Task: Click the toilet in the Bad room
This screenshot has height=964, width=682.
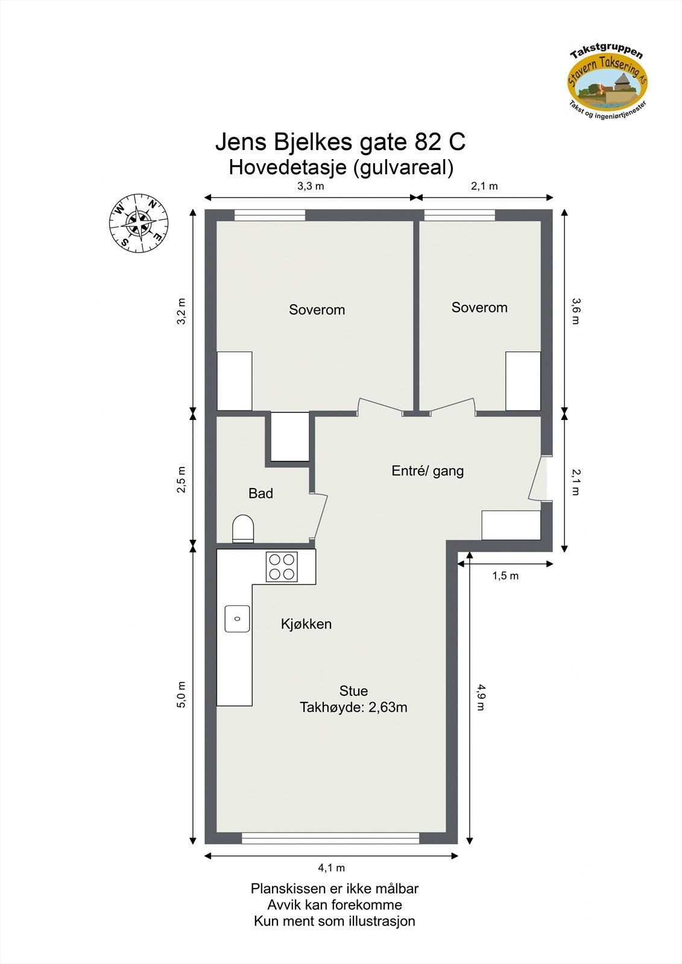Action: point(243,528)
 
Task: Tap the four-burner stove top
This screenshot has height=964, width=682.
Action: point(282,566)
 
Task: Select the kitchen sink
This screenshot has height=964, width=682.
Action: point(237,619)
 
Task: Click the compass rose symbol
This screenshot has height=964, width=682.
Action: point(139,223)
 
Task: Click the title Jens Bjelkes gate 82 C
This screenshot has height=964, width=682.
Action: point(340,143)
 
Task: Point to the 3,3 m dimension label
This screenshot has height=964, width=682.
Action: point(311,186)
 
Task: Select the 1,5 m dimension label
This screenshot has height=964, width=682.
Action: point(505,576)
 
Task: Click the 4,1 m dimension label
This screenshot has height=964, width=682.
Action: point(331,868)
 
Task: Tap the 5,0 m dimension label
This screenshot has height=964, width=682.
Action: point(182,694)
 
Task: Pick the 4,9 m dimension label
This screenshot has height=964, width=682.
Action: point(481,696)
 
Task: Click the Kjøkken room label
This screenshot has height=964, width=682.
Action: point(306,624)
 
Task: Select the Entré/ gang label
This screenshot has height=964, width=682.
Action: point(428,471)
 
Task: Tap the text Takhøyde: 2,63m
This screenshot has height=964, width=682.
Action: point(353,707)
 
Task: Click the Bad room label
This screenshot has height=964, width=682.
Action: point(260,493)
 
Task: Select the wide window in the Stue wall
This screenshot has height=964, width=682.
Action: point(330,837)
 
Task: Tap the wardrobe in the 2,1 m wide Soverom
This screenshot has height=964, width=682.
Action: point(523,381)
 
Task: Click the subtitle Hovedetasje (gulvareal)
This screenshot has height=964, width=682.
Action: point(341,167)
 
